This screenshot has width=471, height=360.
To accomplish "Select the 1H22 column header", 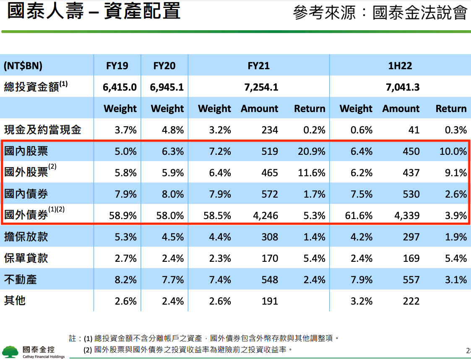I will click(400, 66).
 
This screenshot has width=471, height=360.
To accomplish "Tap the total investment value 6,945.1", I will click(167, 87).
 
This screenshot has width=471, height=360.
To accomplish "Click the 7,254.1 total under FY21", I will click(261, 87).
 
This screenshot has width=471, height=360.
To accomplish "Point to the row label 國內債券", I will click(26, 194).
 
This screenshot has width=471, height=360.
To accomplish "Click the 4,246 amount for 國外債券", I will click(265, 216).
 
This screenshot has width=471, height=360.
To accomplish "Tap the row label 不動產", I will click(20, 279).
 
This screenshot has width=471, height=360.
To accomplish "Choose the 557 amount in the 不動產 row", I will click(411, 280).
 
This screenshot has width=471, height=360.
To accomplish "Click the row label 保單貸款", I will click(26, 258).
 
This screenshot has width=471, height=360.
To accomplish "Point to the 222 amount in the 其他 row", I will click(411, 301).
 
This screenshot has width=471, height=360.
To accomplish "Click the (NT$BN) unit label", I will click(23, 66).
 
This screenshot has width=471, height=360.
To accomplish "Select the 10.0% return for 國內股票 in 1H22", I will click(453, 151).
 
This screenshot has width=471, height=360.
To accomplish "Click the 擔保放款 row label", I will click(26, 237).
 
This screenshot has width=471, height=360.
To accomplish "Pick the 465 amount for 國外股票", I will click(269, 172).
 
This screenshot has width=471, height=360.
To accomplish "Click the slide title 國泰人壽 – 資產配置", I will click(94, 12).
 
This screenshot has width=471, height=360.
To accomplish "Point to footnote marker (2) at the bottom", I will click(88, 350).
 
